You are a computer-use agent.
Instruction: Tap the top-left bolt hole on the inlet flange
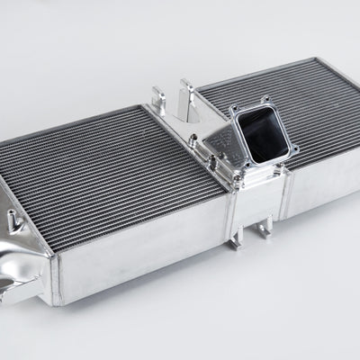click(x=236, y=111)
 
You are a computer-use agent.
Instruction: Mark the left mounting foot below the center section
click(x=235, y=238)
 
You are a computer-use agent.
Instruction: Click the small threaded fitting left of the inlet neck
click(x=193, y=139)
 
